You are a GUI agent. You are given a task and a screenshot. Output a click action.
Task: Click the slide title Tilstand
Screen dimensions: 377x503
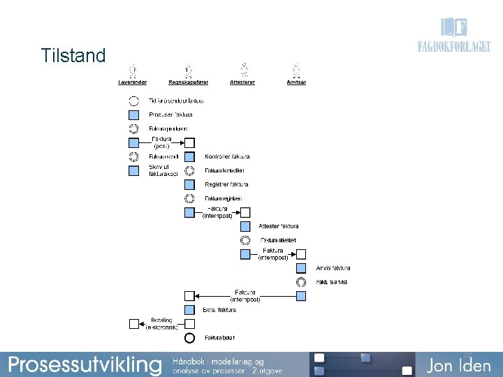tap(73, 55)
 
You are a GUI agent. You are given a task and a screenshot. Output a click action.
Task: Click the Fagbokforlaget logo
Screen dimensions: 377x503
tap(454, 37)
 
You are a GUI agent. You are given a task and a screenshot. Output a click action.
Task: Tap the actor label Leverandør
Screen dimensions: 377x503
tap(133, 82)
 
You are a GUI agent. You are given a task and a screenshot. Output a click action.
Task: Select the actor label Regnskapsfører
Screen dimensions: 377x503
tap(189, 82)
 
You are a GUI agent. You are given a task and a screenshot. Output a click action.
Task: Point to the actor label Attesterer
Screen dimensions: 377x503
tap(242, 82)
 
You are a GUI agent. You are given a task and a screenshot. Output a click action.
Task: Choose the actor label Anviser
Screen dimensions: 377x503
tap(296, 82)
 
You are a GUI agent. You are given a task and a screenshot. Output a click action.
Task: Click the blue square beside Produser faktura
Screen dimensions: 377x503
tap(133, 114)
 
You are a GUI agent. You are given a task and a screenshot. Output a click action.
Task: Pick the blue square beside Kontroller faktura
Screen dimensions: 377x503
tap(189, 157)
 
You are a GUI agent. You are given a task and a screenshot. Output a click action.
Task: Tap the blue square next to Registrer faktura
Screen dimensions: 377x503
tap(189, 185)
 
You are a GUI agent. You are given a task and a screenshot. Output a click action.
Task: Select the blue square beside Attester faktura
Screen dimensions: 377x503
tap(245, 226)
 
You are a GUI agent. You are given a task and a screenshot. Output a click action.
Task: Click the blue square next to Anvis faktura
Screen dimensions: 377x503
tap(301, 268)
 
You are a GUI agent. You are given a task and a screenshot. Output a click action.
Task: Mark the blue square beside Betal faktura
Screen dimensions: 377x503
tap(189, 310)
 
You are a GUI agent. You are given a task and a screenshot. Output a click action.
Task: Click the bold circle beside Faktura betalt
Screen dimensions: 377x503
tap(189, 338)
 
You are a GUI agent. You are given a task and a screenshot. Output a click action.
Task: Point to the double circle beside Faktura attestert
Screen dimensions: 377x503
tap(245, 240)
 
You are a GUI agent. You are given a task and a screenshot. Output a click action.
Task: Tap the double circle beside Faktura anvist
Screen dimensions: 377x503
tap(301, 282)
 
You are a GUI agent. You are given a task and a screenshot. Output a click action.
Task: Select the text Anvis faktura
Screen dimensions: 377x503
tap(333, 268)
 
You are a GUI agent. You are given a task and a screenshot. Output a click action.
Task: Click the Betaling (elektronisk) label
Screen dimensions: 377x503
tap(163, 323)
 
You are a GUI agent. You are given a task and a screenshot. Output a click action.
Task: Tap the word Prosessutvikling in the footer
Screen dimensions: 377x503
tap(85, 364)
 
